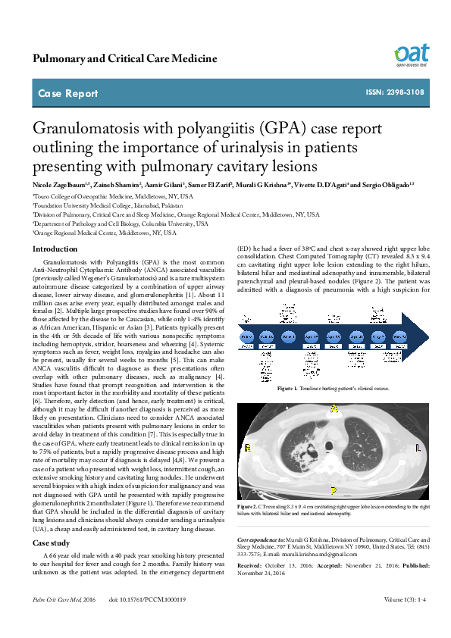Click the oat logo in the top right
(x=411, y=54)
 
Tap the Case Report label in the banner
(x=68, y=94)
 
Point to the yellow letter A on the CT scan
(x=333, y=408)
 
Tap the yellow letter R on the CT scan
(x=248, y=449)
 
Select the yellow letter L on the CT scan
(x=418, y=449)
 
